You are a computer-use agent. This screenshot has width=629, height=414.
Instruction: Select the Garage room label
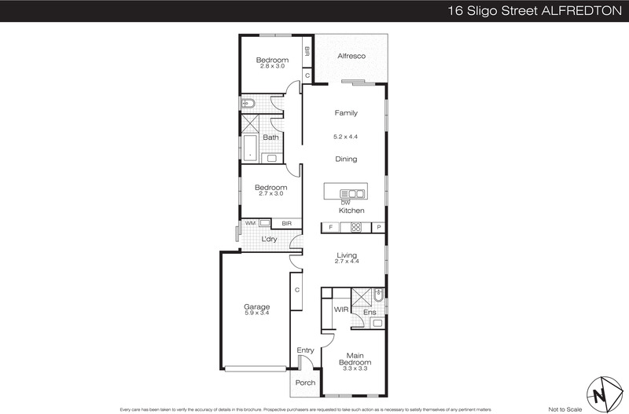click(x=256, y=306)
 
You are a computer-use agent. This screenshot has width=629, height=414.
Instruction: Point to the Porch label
click(x=305, y=383)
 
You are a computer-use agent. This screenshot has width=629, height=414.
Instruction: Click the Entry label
click(x=306, y=350)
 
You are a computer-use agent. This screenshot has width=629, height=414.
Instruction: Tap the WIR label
click(x=341, y=310)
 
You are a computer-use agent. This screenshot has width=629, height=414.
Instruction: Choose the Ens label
click(x=369, y=313)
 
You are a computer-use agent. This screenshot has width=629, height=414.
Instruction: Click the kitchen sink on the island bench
click(x=351, y=193)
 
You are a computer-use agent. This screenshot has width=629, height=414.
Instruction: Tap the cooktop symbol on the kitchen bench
click(x=355, y=228)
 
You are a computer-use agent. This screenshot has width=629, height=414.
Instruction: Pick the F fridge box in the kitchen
click(x=330, y=228)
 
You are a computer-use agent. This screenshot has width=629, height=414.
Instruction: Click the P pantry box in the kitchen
click(x=378, y=228)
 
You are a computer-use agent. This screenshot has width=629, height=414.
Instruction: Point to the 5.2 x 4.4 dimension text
click(x=346, y=137)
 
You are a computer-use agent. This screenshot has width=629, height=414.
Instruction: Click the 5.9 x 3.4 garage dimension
click(x=256, y=314)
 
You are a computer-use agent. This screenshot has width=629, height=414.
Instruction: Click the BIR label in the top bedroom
click(x=307, y=53)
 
